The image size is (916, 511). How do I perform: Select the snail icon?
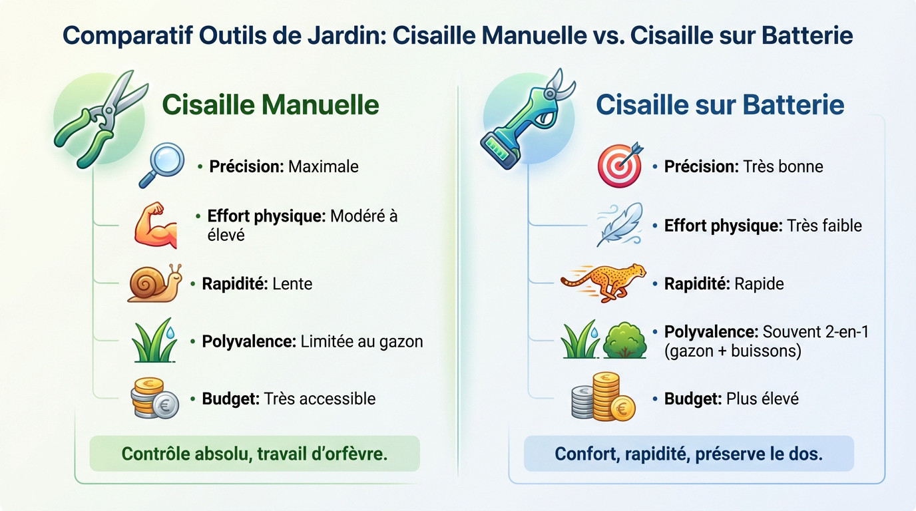(x=154, y=283)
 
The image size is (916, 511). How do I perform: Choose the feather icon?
(x=620, y=224)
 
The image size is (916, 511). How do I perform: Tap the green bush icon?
(x=624, y=341)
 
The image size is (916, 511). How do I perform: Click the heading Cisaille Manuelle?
(x=270, y=104)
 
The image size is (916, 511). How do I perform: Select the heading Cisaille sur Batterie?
(x=720, y=104)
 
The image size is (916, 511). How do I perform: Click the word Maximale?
(x=323, y=166)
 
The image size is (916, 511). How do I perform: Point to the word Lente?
(x=292, y=283)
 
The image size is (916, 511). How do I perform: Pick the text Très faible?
(x=824, y=226)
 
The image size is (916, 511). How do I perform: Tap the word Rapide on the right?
(x=758, y=284)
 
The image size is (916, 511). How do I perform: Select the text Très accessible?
(x=320, y=399)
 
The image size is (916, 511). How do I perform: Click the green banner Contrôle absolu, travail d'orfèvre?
(x=254, y=454)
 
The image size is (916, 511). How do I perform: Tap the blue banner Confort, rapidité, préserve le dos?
(x=688, y=454)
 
